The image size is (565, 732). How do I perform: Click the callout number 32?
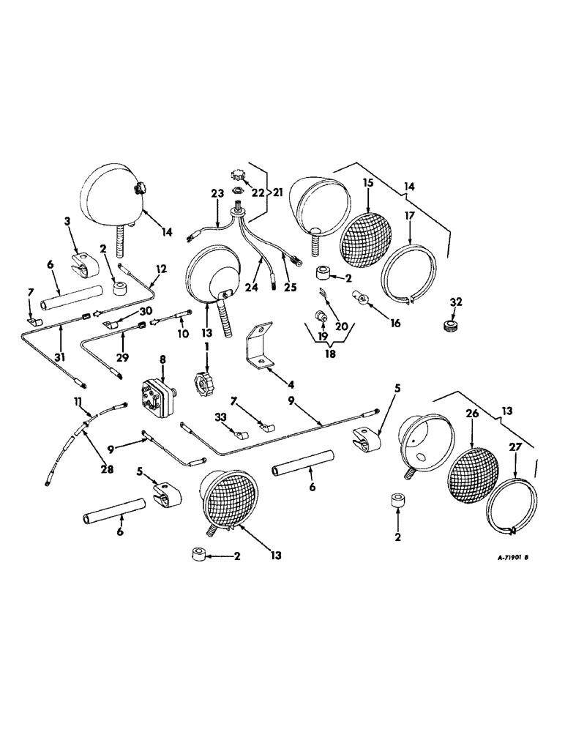tap(456, 302)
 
